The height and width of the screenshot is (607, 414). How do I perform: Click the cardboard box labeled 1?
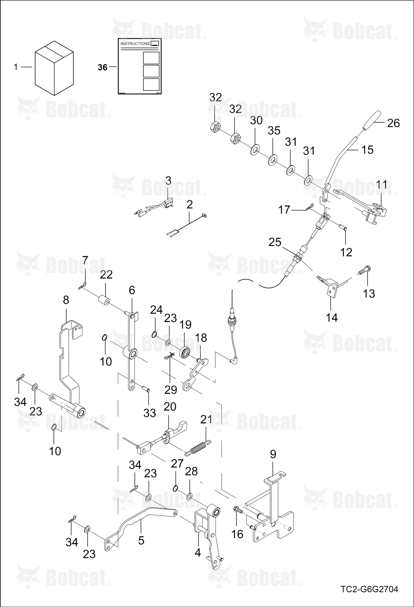(54, 68)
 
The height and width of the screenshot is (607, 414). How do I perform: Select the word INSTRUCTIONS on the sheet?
(135, 44)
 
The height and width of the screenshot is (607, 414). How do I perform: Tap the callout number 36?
(103, 67)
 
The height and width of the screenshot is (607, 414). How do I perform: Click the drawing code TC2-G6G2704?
(369, 589)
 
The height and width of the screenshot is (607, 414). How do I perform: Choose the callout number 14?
(332, 317)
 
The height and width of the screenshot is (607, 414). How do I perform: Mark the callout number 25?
(275, 242)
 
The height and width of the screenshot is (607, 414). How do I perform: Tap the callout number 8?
(66, 300)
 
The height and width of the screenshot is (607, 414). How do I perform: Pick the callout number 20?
(170, 407)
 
